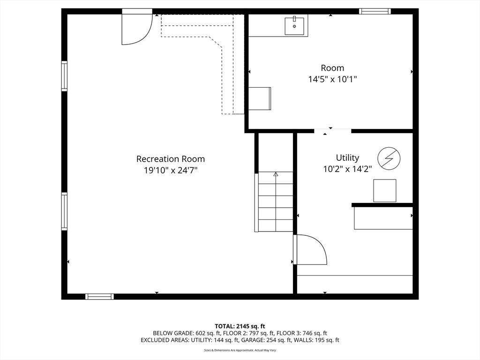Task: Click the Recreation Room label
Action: coord(171,159)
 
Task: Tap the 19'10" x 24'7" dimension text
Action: coord(171,170)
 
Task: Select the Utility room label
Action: coord(347,157)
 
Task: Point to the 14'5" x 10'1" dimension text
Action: coord(332,79)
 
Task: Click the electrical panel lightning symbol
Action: coord(389,158)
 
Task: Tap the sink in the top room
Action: coord(294,26)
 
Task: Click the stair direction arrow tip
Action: coord(276,173)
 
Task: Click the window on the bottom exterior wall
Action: coord(99,296)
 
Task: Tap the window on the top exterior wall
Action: coord(375,11)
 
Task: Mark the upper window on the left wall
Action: coord(64,76)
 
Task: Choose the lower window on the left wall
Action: coord(64,211)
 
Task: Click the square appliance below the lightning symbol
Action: coord(384,191)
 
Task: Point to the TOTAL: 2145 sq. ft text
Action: coord(240,326)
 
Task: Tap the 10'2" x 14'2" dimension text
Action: coord(347,169)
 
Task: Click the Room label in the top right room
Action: coord(332,68)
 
